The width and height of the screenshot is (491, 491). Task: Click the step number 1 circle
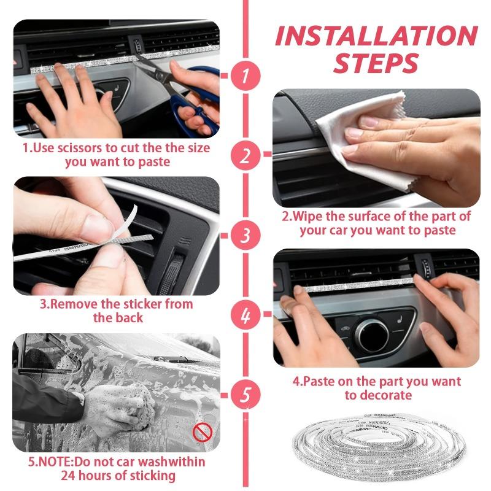[245, 77]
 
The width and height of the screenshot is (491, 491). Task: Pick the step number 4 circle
[245, 315]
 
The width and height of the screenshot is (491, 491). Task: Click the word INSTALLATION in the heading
[376, 36]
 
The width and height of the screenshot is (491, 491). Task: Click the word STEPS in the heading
[376, 63]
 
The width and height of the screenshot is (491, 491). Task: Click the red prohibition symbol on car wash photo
[202, 433]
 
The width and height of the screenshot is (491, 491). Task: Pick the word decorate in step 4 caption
[384, 395]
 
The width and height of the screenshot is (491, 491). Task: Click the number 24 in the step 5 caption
[68, 476]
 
